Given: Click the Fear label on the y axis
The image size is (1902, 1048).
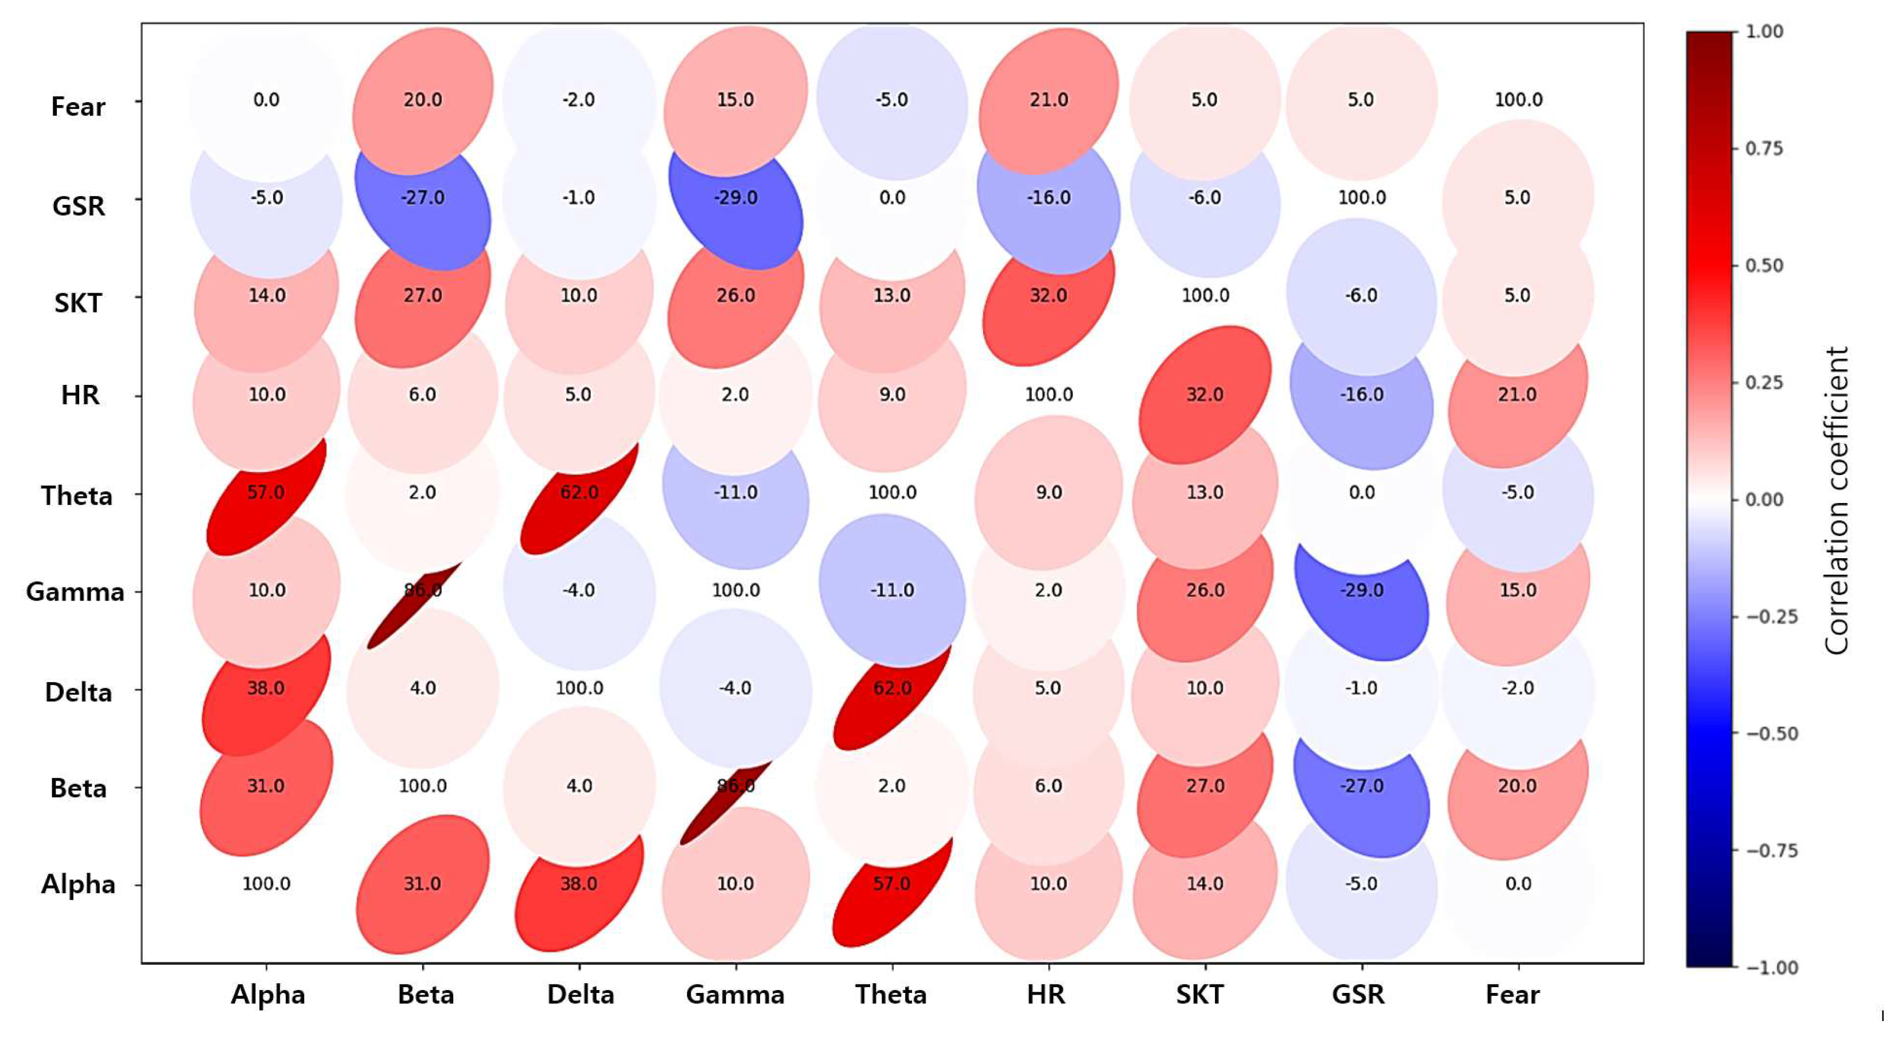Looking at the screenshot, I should (77, 107).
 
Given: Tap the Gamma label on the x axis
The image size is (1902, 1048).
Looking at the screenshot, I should (735, 995).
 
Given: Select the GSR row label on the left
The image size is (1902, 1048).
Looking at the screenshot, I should (78, 206).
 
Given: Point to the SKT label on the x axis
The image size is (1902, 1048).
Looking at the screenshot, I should (1200, 995).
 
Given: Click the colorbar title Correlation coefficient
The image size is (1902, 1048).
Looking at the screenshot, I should (1836, 501).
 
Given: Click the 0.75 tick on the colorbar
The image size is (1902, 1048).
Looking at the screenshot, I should (1764, 149).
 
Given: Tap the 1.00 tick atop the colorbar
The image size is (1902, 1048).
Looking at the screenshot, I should (1764, 31).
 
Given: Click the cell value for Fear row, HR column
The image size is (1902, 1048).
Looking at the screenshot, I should (1049, 100).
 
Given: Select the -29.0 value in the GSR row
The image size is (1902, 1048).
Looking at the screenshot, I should (735, 198).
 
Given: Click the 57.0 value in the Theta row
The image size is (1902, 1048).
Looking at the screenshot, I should (266, 492).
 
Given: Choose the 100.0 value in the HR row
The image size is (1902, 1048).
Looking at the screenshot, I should (1049, 395).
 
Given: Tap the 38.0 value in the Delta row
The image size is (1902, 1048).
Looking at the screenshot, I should (266, 688).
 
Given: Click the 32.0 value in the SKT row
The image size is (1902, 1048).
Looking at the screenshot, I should (1049, 295).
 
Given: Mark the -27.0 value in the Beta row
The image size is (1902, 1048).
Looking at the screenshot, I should (1362, 786).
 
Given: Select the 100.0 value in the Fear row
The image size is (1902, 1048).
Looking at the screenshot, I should (1518, 100).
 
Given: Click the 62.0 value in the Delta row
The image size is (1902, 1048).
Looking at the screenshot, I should (892, 688).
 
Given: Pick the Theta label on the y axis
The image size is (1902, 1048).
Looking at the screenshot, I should (77, 496).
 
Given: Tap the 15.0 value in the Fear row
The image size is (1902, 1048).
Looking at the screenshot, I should (735, 100).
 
